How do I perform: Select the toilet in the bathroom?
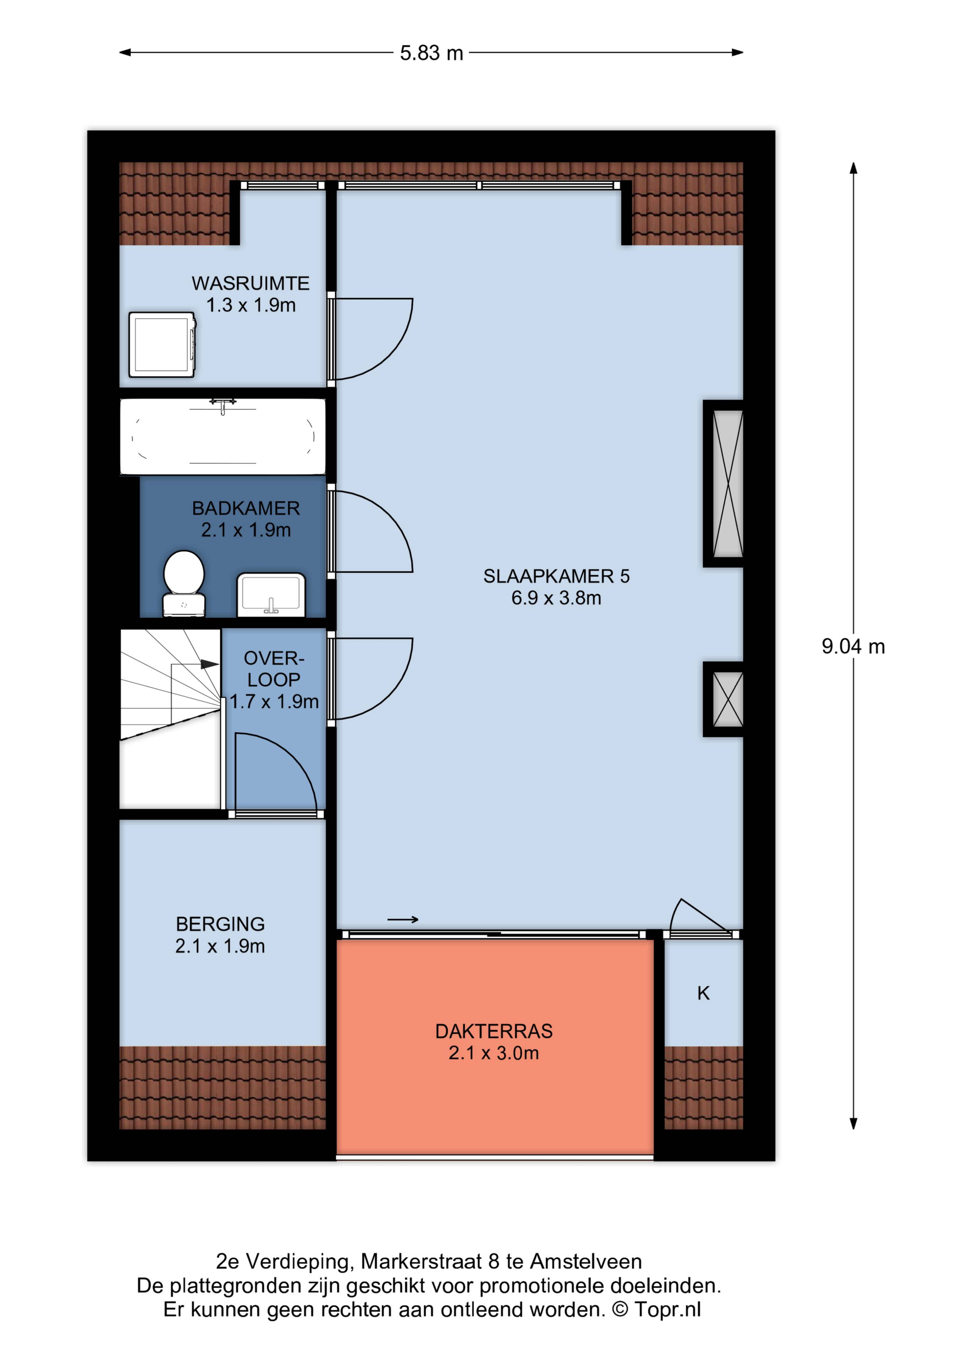pos(184,583)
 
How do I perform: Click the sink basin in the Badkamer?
pos(271,594)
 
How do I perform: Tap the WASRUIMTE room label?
pos(251,283)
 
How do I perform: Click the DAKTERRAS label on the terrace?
pos(494,1031)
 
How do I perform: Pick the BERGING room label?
pos(220,924)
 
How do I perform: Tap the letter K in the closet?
pos(704,993)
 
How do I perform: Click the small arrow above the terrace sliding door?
pos(403,920)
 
